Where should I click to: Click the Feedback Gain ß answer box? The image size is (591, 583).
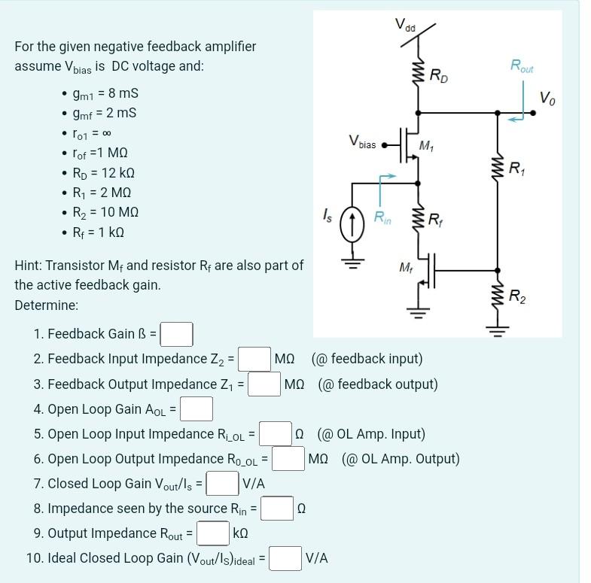176,333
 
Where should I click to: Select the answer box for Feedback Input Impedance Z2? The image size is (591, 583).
255,359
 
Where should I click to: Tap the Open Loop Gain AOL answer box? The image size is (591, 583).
196,409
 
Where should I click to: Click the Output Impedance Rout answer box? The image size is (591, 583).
213,533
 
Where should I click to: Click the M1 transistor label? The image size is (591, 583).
425,144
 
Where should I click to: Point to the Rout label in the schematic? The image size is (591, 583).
522,65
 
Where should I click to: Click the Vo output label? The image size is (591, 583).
549,97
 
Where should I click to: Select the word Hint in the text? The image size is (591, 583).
29,266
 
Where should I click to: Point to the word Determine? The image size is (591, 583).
46,305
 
